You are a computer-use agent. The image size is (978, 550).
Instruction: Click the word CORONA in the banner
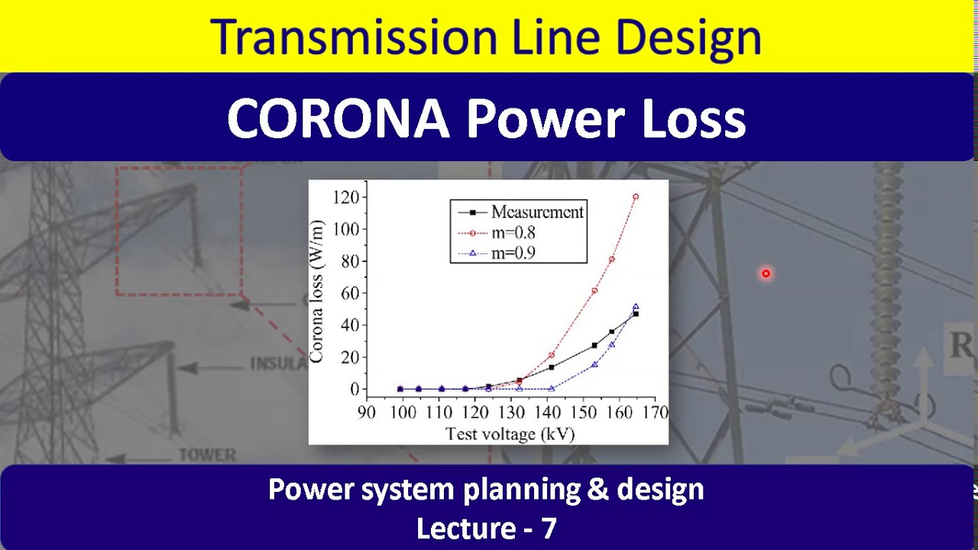[338, 119]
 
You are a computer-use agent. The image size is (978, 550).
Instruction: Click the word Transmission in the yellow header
[354, 37]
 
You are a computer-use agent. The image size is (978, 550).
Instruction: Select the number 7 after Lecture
[548, 528]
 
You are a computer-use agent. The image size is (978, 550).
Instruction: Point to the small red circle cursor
[766, 273]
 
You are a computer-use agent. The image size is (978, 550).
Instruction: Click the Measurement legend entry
[536, 212]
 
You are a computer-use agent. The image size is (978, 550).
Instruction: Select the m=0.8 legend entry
[513, 233]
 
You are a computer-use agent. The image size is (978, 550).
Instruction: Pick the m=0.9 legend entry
[513, 253]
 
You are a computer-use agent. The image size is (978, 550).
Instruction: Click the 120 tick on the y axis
[345, 197]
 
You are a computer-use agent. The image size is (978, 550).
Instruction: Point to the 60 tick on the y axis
[349, 293]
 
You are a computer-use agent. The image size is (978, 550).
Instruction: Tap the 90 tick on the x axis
[367, 412]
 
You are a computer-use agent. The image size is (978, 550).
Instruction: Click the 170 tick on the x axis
[656, 412]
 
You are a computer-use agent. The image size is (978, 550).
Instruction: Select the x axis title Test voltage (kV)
[510, 434]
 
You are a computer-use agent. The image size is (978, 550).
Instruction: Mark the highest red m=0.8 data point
[635, 197]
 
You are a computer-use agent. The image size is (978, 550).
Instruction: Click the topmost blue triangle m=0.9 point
[635, 307]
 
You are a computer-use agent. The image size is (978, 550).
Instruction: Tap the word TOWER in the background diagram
[207, 455]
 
